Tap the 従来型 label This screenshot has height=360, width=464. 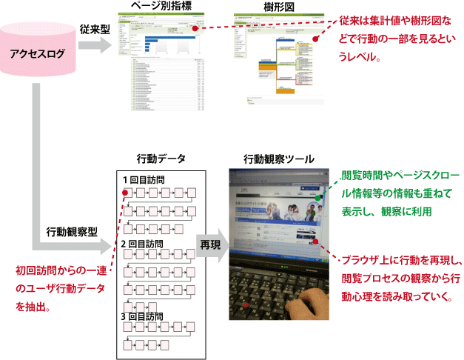click(x=95, y=29)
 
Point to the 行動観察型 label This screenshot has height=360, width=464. click(x=72, y=231)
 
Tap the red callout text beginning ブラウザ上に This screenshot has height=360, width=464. click(x=394, y=279)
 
